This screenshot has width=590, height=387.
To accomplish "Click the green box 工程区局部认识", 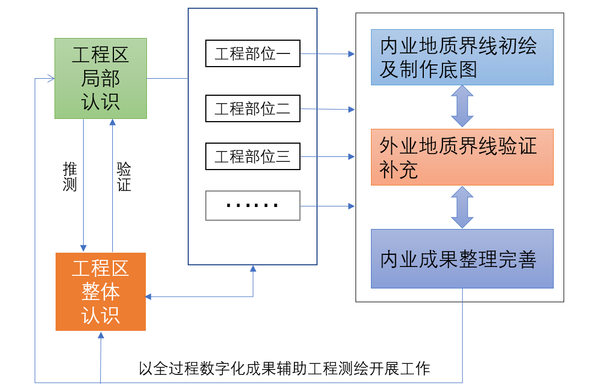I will (x=101, y=78).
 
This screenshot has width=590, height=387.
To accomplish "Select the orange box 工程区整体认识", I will (x=101, y=291).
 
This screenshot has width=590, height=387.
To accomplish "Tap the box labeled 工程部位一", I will (x=253, y=53).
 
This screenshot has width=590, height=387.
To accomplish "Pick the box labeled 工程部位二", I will (x=253, y=108).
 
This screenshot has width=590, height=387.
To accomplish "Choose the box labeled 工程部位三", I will (x=253, y=156).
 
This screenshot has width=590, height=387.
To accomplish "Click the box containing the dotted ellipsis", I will (x=253, y=205).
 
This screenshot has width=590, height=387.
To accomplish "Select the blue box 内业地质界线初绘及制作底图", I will (x=462, y=57).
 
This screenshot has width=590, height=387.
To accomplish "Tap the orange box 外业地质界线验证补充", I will (x=462, y=157).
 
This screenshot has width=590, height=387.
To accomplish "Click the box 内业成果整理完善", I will (x=462, y=259).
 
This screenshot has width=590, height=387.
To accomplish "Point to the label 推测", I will (x=70, y=176).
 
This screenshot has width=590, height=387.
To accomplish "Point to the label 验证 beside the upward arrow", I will (x=124, y=176).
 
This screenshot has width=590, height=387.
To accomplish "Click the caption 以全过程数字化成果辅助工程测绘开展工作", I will (x=284, y=368).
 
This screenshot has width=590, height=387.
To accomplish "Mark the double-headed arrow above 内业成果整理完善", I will (x=462, y=207).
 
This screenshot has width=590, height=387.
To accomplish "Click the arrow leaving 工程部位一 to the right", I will (x=327, y=54).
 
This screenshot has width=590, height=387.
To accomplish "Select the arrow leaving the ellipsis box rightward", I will (x=327, y=206).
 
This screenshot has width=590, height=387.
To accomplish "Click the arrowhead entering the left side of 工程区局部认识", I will (x=50, y=78).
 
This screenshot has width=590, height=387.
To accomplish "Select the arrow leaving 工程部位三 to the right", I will (x=327, y=157).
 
